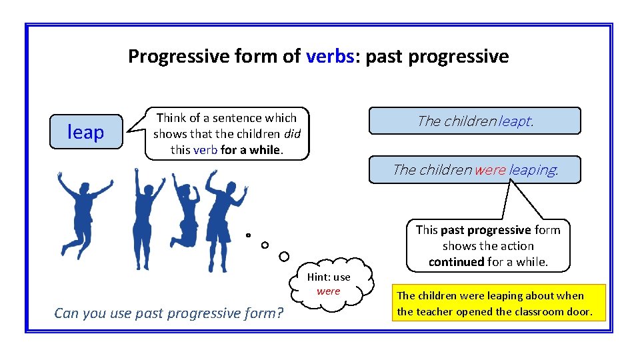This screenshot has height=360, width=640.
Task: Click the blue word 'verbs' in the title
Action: [329, 57]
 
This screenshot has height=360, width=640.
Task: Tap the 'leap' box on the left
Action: [86, 132]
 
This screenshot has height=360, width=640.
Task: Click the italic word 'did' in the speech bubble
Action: [293, 133]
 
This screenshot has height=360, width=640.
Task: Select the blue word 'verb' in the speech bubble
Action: [205, 149]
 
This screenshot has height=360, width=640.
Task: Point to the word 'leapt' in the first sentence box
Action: [515, 121]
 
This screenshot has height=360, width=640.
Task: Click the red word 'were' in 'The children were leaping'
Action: [490, 170]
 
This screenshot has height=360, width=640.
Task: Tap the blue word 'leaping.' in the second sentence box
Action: [533, 170]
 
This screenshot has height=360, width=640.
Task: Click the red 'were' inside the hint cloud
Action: [328, 291]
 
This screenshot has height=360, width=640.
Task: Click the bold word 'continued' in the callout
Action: [457, 262]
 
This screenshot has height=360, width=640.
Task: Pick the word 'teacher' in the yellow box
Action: [433, 311]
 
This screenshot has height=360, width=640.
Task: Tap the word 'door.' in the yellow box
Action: [578, 311]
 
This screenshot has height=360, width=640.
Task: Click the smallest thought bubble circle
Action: [248, 235]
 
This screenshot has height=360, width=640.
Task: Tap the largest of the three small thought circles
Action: [284, 257]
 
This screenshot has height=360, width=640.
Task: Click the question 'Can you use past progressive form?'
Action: [169, 313]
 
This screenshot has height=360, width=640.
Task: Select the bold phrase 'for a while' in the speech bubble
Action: [251, 149]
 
